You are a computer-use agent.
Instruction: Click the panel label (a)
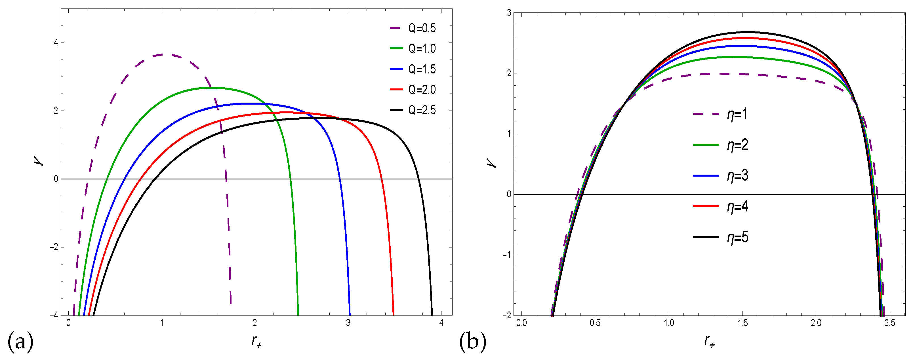20,342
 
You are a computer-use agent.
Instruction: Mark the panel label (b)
472,342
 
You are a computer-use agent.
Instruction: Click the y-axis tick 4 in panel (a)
56,43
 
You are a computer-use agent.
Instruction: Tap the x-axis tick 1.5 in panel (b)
742,323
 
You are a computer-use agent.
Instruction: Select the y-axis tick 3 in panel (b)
509,13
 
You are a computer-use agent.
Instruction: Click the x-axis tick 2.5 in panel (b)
890,323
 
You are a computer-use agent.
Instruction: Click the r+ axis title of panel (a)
256,342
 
